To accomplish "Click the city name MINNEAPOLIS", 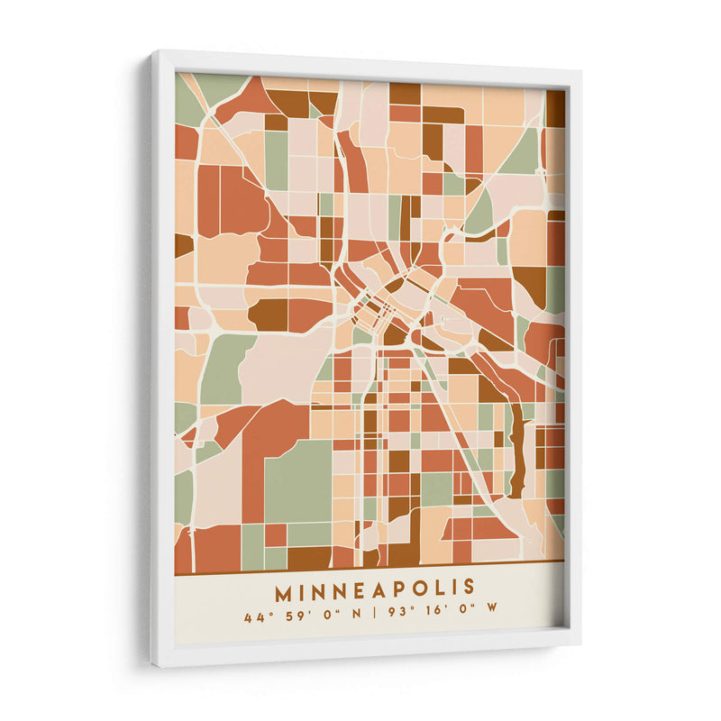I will tap(375, 589).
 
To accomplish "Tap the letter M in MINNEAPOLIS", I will tap(284, 591).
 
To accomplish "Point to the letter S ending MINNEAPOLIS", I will tap(468, 588).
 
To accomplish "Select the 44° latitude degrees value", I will tap(253, 618).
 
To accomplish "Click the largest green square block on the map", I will tap(297, 482).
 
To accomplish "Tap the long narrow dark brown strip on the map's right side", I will tap(516, 451).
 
